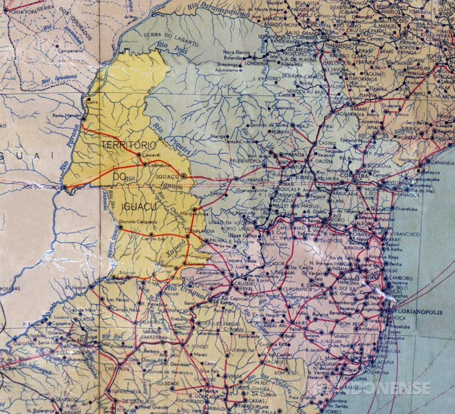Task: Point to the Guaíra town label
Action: pos(91,103)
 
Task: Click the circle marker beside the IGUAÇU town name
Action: pos(183,176)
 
